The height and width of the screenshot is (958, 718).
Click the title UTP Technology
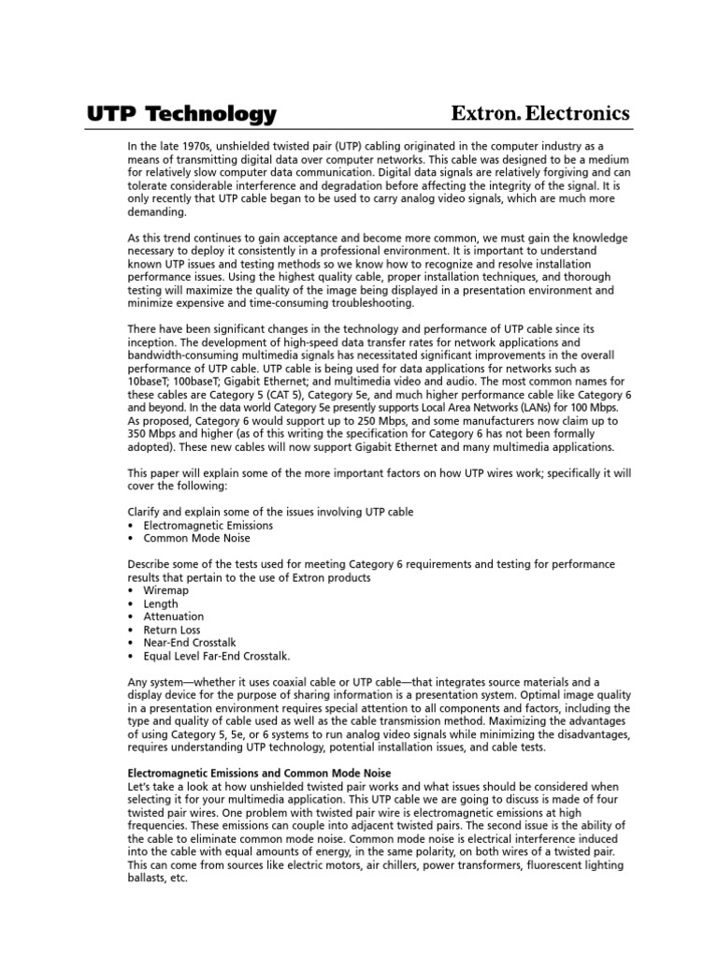(181, 114)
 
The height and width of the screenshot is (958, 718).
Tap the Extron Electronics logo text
(540, 113)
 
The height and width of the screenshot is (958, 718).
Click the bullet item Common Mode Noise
(196, 539)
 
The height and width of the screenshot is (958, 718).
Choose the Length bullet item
(160, 604)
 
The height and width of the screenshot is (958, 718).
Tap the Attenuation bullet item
(173, 617)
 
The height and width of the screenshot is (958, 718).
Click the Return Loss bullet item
(172, 631)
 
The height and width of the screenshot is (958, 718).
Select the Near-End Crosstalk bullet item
(192, 644)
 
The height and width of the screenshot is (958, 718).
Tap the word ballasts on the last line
(149, 879)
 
